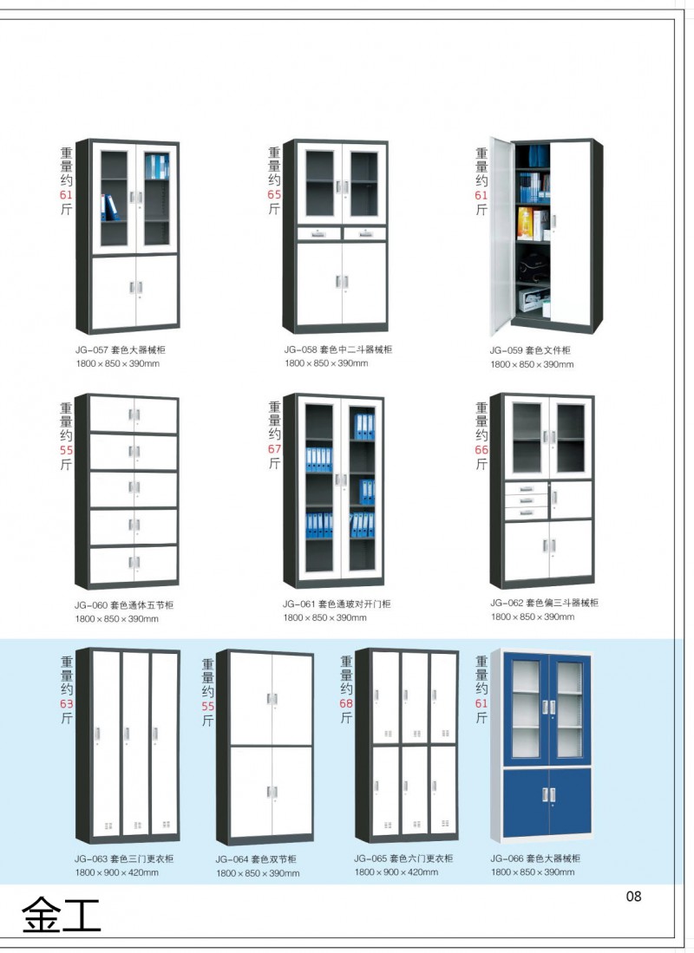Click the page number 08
tap(633, 897)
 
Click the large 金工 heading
tap(61, 914)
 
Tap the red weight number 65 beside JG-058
tap(274, 195)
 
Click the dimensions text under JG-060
tap(116, 619)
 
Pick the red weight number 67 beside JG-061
tap(274, 449)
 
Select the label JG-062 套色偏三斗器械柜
tap(544, 603)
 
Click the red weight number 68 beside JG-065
tap(346, 703)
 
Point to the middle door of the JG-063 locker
tap(135, 741)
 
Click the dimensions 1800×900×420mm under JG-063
tap(116, 872)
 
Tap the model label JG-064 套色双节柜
tap(256, 859)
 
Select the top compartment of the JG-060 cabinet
tap(134, 414)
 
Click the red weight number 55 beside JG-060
tap(67, 451)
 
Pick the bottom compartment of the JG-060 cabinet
tap(134, 564)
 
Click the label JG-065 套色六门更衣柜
tap(403, 858)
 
